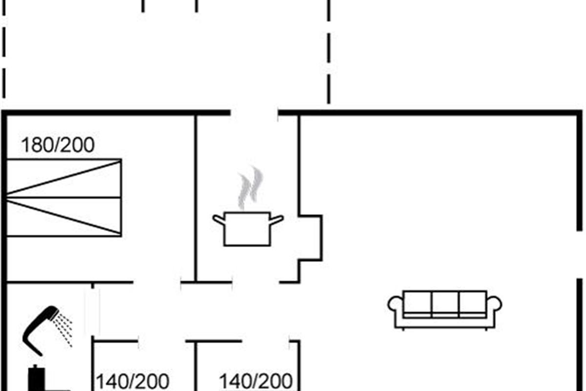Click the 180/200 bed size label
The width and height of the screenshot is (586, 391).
[x=58, y=145]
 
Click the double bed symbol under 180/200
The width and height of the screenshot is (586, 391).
[x=64, y=197]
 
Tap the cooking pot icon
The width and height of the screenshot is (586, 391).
[x=248, y=228]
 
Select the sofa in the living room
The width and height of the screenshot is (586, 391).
[x=445, y=309]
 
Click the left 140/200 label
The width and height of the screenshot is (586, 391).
[x=133, y=381]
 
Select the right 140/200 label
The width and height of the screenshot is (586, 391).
[x=255, y=381]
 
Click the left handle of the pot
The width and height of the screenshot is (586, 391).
[x=218, y=219]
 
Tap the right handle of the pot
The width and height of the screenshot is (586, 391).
[x=277, y=219]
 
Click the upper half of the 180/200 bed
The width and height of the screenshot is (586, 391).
[x=64, y=178]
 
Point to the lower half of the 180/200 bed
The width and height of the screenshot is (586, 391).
[x=64, y=217]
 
